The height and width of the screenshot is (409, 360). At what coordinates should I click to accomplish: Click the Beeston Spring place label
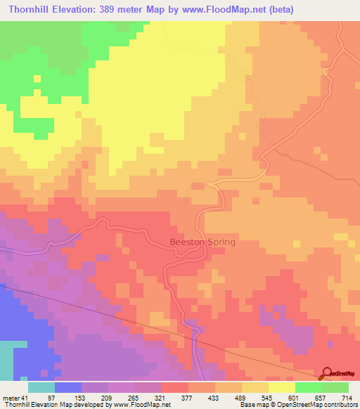(x=203, y=242)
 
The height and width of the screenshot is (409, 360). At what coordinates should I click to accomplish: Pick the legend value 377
(x=188, y=398)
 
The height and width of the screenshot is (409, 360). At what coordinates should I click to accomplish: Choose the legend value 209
(x=108, y=398)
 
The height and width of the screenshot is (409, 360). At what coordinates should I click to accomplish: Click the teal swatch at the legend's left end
(x=41, y=387)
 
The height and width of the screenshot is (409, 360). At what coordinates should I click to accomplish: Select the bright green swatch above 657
(x=309, y=387)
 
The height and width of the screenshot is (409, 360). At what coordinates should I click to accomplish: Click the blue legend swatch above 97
(x=68, y=387)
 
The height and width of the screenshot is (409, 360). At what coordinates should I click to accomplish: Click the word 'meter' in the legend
(x=10, y=398)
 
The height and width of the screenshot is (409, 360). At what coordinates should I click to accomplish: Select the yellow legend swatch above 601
(x=282, y=387)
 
